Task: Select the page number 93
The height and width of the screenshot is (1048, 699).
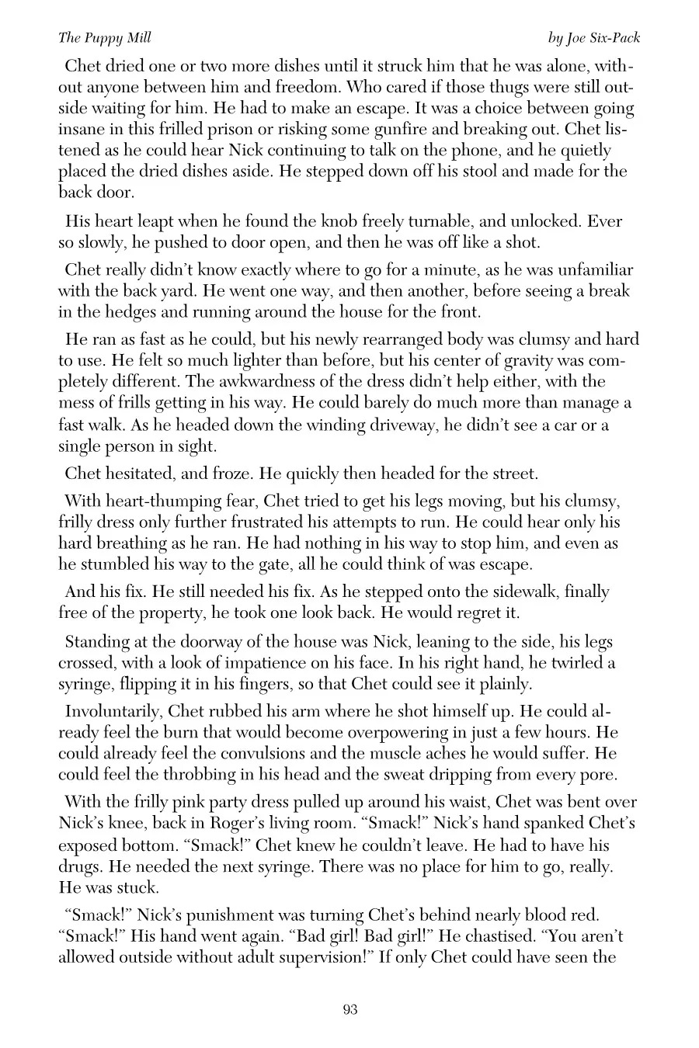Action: coord(349,1010)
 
